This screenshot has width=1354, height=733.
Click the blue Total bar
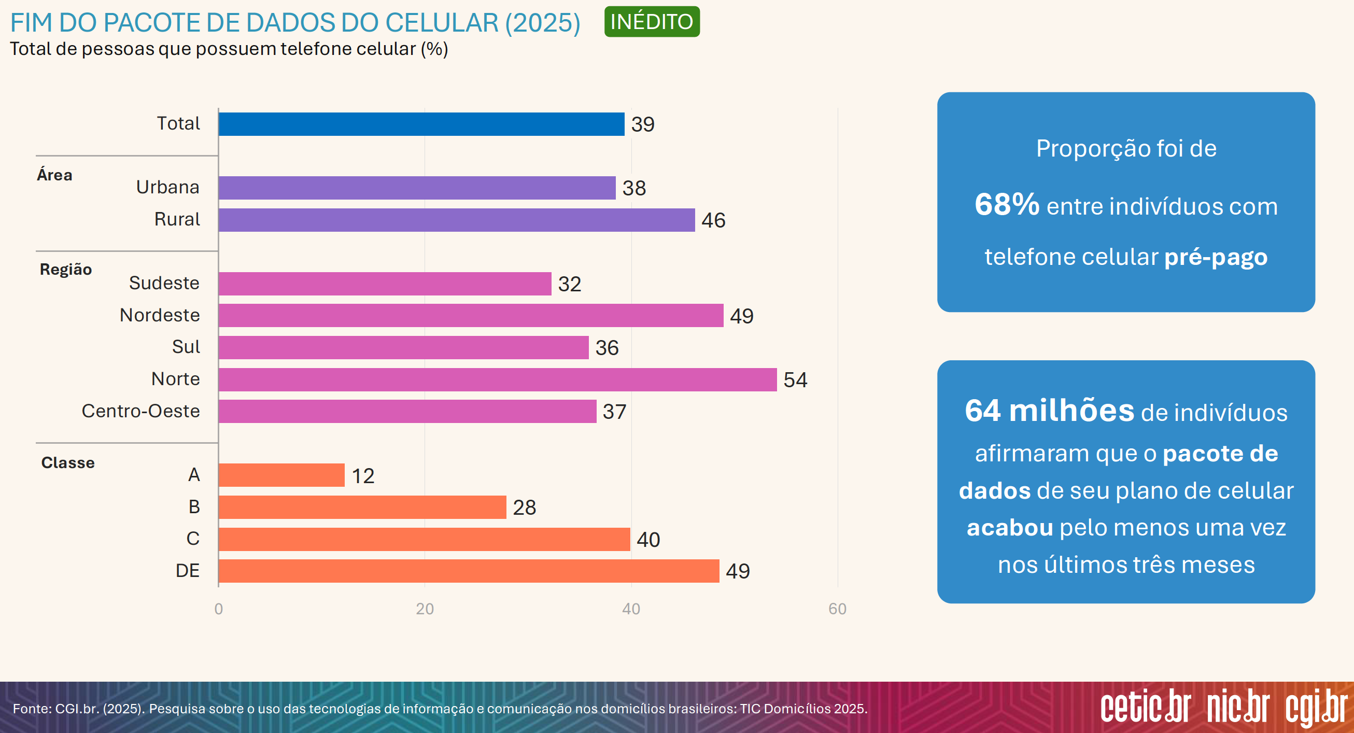[x=421, y=124]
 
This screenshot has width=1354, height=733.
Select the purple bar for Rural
[x=456, y=220]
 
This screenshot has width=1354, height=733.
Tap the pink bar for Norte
[x=497, y=379]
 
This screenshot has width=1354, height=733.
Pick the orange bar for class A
[x=281, y=475]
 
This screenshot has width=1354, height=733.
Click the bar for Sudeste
[x=385, y=284]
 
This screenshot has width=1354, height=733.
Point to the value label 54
[x=795, y=380]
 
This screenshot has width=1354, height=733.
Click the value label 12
[x=363, y=476]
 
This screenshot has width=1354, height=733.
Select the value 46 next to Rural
[x=713, y=220]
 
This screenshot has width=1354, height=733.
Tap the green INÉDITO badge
[x=651, y=22]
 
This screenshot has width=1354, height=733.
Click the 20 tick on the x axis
[x=425, y=609]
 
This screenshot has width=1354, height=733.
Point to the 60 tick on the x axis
[x=837, y=609]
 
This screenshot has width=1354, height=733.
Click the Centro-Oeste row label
[x=140, y=411]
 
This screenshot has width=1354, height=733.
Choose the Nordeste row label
[x=160, y=315]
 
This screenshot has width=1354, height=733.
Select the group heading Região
[x=66, y=270]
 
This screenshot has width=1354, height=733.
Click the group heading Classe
[x=68, y=463]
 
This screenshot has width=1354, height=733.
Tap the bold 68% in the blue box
[x=1007, y=204]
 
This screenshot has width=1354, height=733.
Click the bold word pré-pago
[x=1215, y=258]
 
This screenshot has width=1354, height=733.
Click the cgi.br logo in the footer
[x=1316, y=707]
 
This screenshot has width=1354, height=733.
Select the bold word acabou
[x=1010, y=528]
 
